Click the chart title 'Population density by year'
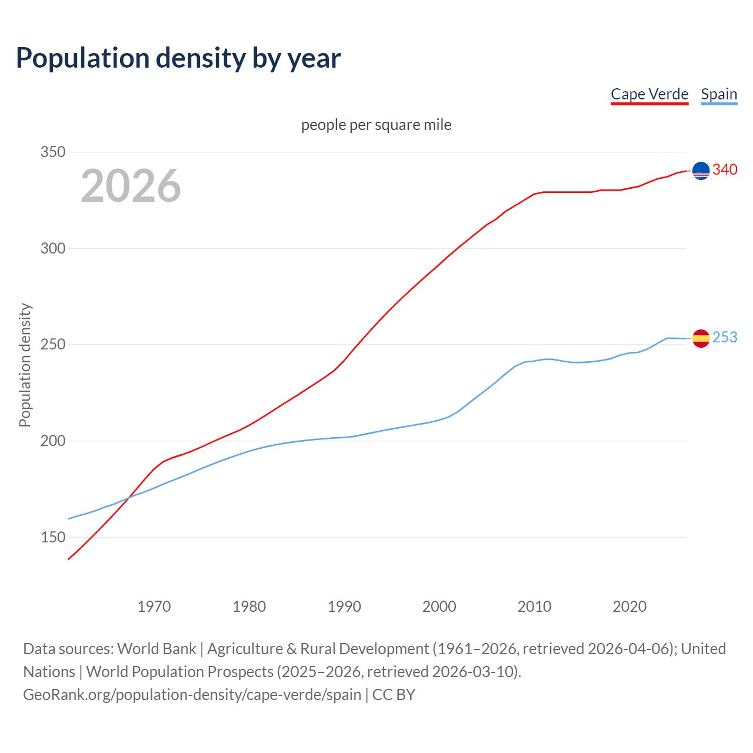(x=178, y=58)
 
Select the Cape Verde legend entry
(x=649, y=94)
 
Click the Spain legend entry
(x=719, y=94)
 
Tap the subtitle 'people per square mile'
(x=376, y=125)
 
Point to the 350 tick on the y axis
(x=52, y=152)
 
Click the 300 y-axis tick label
(x=52, y=248)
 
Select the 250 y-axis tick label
(x=52, y=345)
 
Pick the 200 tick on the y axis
(x=52, y=441)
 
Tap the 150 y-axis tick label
(x=52, y=537)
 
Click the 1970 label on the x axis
(x=154, y=606)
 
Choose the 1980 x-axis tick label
(x=249, y=606)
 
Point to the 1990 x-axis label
(x=344, y=606)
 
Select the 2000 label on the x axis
(x=439, y=606)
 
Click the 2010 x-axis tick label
(x=534, y=606)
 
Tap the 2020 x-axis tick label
(x=629, y=606)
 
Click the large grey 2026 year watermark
(x=131, y=186)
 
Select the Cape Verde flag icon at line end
(x=701, y=171)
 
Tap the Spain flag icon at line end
(x=701, y=338)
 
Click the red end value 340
(x=725, y=169)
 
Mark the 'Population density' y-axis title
(x=25, y=365)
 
